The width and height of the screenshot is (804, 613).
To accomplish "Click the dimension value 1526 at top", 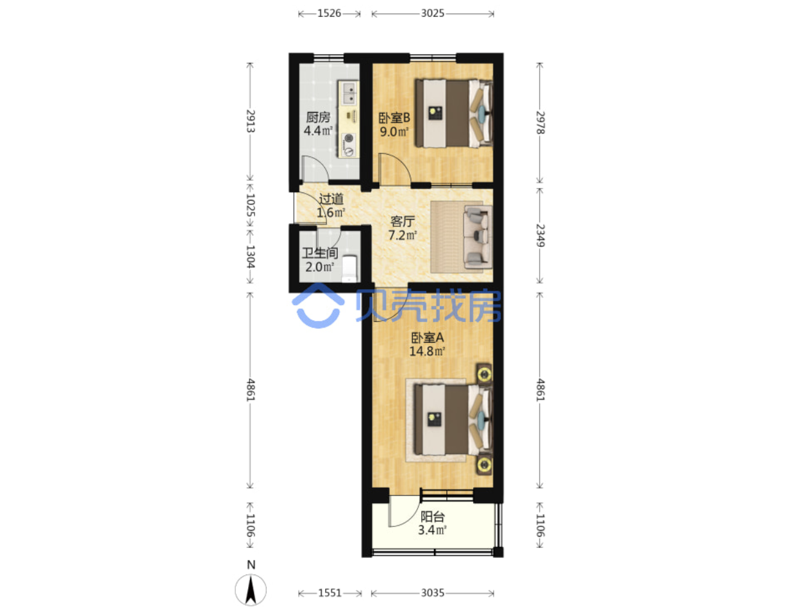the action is coord(328,13).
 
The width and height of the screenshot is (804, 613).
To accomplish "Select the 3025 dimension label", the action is coord(432,13).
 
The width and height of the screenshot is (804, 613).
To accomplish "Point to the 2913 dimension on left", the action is coord(251,121).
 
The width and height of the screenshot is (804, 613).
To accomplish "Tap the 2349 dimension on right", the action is coord(540,235).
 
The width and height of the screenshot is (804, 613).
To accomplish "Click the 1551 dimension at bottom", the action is coord(330,592).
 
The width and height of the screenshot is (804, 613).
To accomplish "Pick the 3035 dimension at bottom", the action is coord(432,592).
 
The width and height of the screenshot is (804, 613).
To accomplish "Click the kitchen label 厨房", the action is coord(317,117).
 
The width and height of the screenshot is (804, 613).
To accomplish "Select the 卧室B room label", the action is coord(394,118).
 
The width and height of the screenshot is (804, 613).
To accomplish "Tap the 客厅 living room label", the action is coord(402,222).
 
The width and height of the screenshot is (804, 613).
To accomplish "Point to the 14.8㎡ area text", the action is coord(427,351).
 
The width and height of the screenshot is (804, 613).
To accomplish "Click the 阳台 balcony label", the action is coord(432,517).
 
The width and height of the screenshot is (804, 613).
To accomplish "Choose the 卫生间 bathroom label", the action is coord(320,253).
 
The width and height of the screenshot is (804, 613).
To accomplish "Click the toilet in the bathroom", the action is coord(349,269).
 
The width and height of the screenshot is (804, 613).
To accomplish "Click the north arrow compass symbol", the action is coord(251,590).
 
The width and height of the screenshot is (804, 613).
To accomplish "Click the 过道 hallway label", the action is coord(331,199).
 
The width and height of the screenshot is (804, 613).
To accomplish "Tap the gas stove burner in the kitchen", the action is coord(349,139).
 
